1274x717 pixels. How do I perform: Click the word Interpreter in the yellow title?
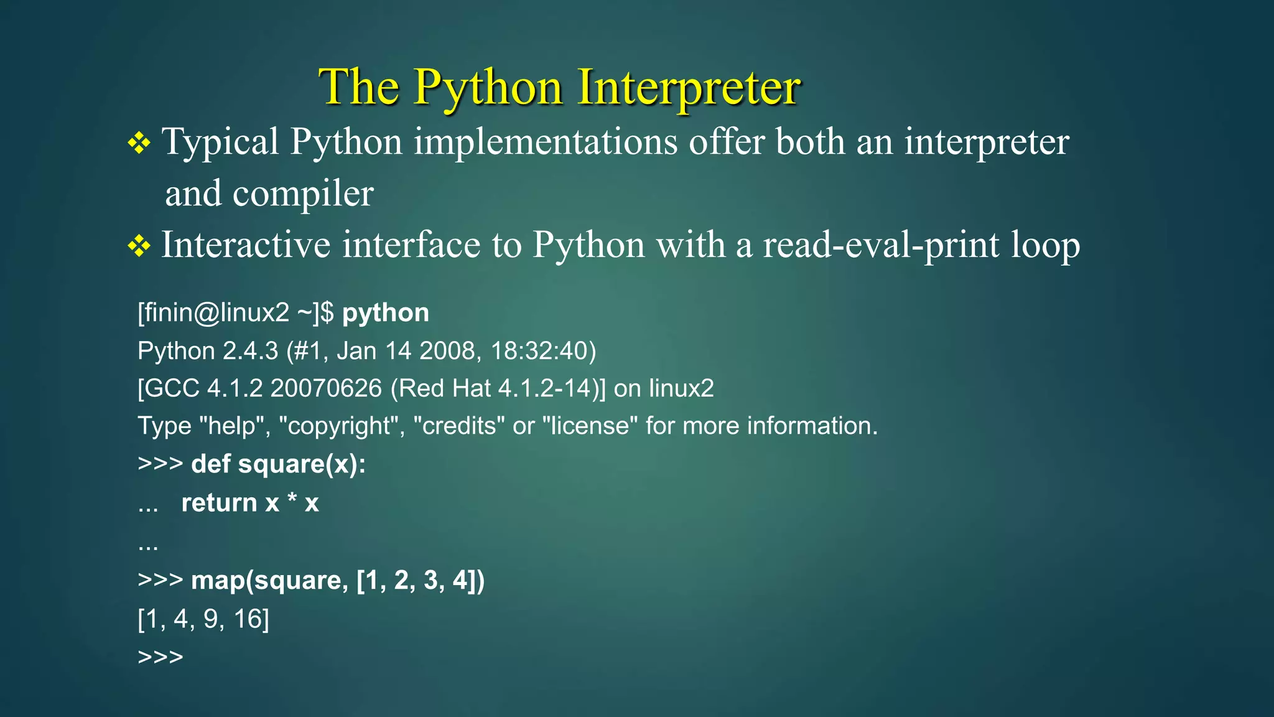689,87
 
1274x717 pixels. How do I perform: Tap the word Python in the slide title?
488,87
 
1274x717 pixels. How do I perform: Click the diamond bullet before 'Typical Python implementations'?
139,143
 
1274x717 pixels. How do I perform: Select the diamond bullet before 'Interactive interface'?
139,246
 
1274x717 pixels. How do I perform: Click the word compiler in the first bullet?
303,194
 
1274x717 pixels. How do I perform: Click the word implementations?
546,142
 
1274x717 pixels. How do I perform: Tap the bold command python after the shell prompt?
385,313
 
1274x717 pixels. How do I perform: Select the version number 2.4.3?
251,351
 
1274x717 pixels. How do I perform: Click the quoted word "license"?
590,426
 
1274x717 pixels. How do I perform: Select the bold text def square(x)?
278,464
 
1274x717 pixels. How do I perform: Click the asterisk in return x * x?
292,499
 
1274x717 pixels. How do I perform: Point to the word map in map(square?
218,580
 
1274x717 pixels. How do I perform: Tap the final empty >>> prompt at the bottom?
160,657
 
